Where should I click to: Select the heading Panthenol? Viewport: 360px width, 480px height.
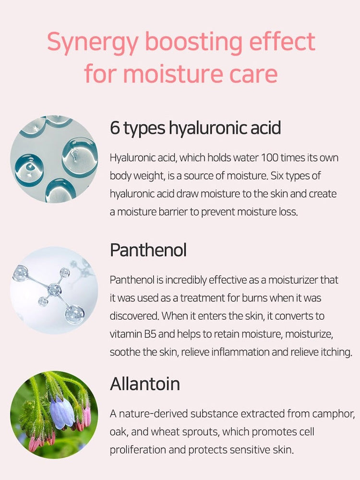pos(148,251)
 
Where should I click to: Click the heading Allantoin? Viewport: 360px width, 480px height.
pos(145,384)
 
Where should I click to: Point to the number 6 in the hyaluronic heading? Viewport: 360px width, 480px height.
pos(115,129)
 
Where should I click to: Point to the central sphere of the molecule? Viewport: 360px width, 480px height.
pos(54,289)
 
